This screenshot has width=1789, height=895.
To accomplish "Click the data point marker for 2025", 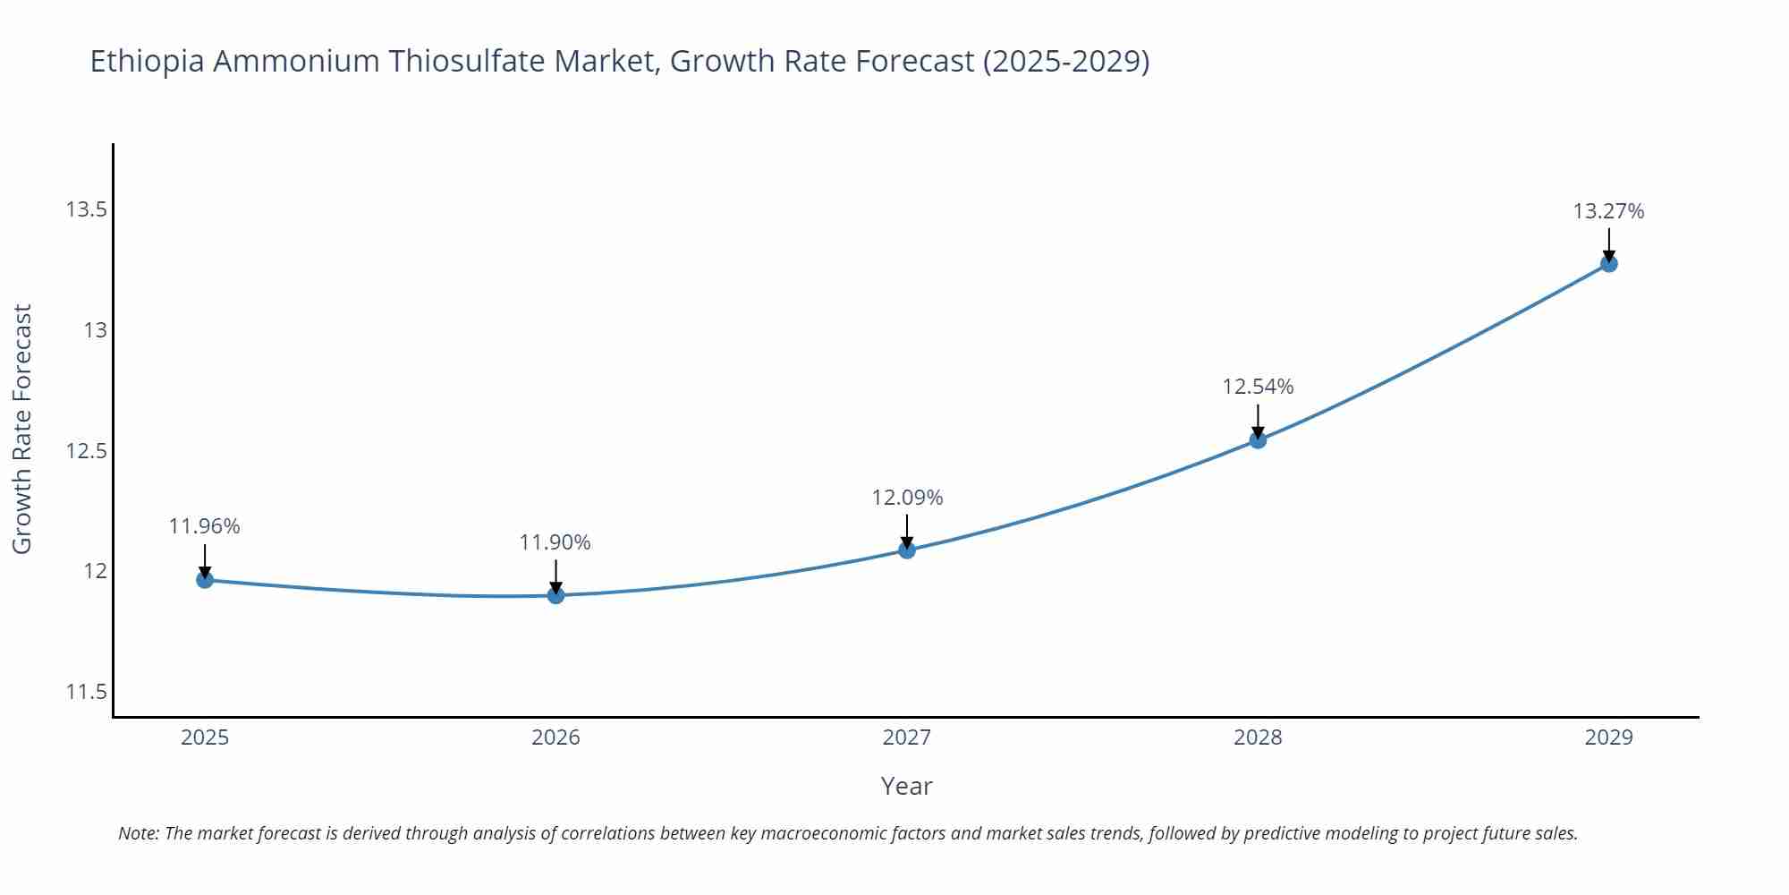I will point(205,580).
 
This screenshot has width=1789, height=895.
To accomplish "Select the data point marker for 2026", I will point(555,595).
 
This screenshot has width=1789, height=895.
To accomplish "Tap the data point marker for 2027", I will point(907,550).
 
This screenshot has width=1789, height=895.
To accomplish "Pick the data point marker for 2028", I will point(1258,439).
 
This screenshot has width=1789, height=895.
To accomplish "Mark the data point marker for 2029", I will point(1608,264).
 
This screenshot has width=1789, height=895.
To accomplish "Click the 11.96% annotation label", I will point(204,526).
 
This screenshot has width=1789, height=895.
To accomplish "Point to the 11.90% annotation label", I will point(555,542).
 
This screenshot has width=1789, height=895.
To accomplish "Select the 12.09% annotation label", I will point(907,498).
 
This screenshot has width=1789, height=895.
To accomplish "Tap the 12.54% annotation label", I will point(1258,387).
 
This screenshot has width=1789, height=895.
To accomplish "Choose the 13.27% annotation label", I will point(1608,211).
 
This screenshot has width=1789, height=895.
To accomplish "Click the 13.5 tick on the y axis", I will point(86,209).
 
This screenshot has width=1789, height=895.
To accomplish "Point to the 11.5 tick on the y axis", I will point(86,692).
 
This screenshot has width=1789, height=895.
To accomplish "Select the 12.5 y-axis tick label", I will point(86,451).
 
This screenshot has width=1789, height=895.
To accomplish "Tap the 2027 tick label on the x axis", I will point(907,737).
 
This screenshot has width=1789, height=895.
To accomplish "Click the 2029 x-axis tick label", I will point(1608,737).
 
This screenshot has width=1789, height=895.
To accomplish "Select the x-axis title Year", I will point(906,786).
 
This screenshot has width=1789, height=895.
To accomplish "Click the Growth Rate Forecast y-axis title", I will point(21,429).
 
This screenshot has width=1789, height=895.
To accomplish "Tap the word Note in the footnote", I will point(138,833).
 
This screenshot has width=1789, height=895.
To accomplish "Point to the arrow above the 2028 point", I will point(1258,421).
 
